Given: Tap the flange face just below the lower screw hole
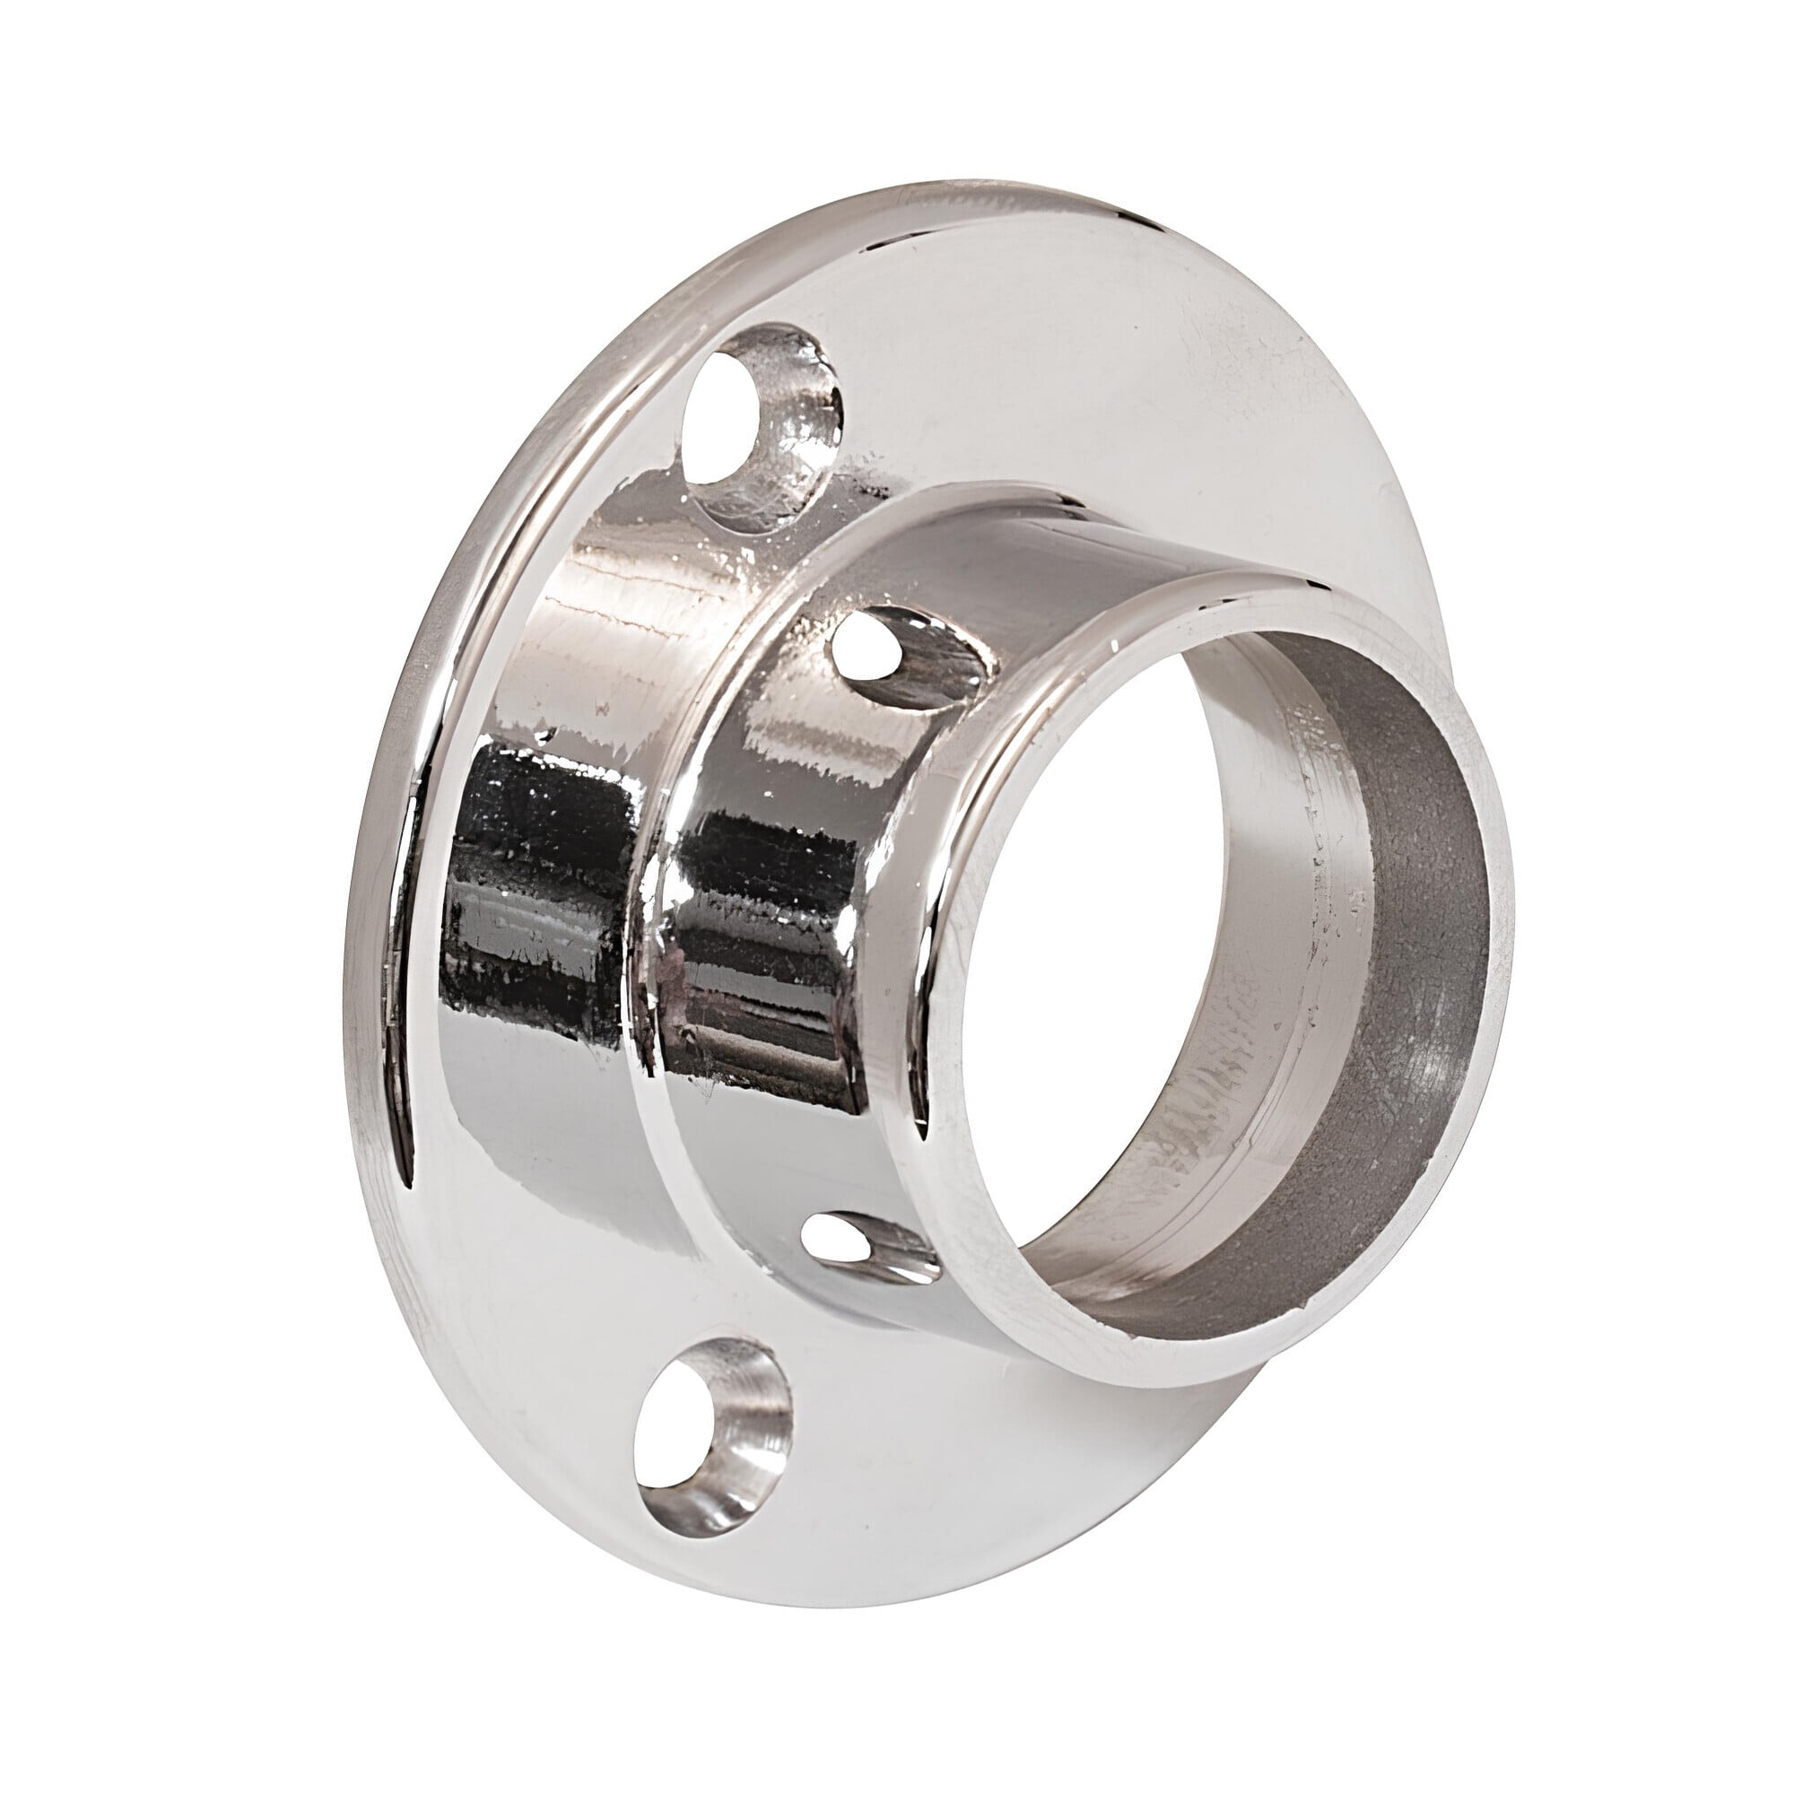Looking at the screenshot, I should [743, 1598].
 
